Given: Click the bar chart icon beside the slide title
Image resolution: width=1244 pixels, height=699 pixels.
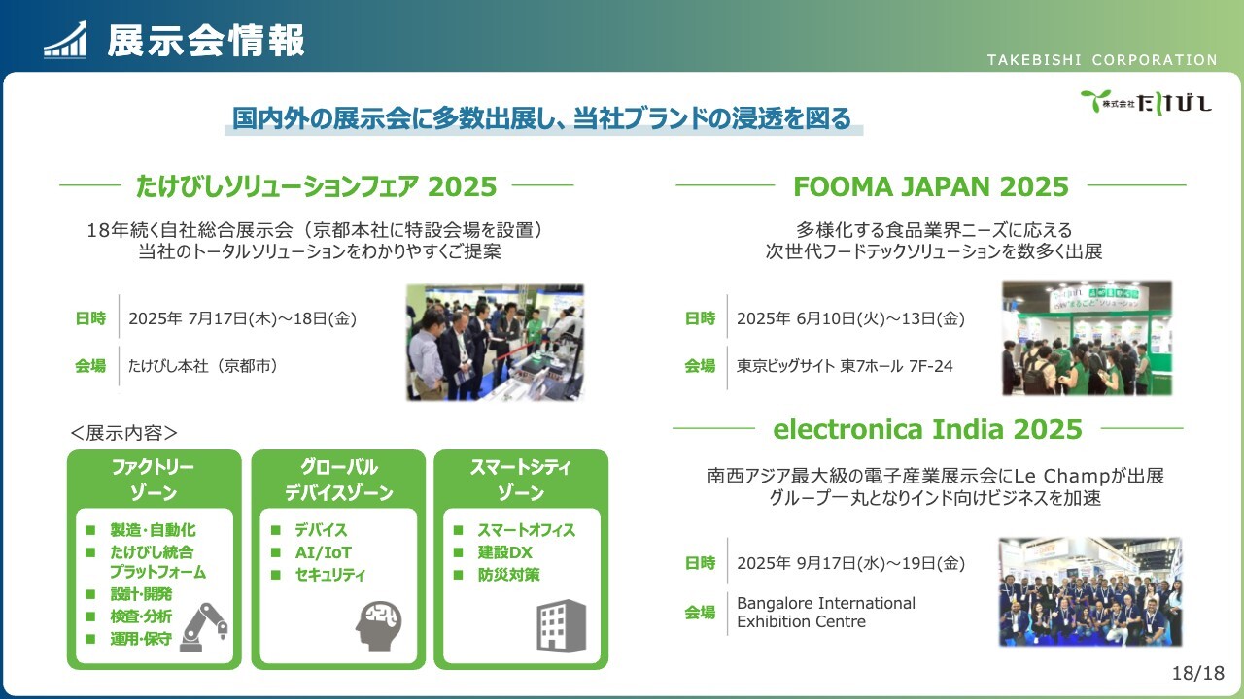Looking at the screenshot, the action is (x=65, y=40).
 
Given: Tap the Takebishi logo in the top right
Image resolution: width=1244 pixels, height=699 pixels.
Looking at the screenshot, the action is (x=1146, y=102).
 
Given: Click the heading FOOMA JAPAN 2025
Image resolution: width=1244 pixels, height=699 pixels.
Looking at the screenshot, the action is (x=931, y=186).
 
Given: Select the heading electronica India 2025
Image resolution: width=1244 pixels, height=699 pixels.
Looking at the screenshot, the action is (x=927, y=429).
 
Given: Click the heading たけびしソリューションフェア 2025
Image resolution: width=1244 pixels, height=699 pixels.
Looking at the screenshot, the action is (x=316, y=186).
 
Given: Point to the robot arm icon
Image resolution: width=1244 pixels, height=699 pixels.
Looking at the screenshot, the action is (x=203, y=627).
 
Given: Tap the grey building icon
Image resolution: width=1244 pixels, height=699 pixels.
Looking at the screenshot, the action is (x=561, y=625).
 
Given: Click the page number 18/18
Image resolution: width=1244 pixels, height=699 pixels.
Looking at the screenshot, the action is (x=1198, y=673).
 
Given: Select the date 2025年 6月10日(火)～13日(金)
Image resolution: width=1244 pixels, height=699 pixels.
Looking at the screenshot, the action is (x=850, y=318).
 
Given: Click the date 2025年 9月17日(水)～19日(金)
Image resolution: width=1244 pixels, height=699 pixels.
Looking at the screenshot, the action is (x=850, y=563).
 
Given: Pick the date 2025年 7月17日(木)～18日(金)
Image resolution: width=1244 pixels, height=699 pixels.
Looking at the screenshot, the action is (x=242, y=318).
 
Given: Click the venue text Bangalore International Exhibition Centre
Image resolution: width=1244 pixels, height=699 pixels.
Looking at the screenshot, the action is (x=826, y=612).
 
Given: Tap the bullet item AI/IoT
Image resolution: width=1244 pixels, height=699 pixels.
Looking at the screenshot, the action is (x=323, y=552).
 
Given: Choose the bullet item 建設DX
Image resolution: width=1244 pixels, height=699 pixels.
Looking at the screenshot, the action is (x=504, y=552).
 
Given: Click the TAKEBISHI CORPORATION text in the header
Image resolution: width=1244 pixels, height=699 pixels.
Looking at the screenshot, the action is (x=1102, y=60).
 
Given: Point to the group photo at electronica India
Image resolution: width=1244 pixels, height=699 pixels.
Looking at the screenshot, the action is (x=1090, y=591).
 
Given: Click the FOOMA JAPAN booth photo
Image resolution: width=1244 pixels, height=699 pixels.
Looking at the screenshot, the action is (x=1088, y=339).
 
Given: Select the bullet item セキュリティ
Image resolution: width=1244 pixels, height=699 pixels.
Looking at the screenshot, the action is (x=329, y=575).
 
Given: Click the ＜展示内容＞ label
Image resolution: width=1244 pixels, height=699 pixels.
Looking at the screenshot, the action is (x=123, y=433).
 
